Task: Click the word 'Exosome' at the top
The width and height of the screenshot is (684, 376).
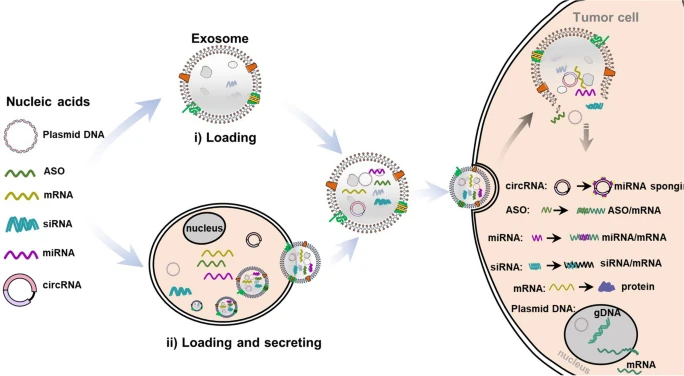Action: [219, 38]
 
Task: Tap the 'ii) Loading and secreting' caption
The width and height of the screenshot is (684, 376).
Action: [243, 343]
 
